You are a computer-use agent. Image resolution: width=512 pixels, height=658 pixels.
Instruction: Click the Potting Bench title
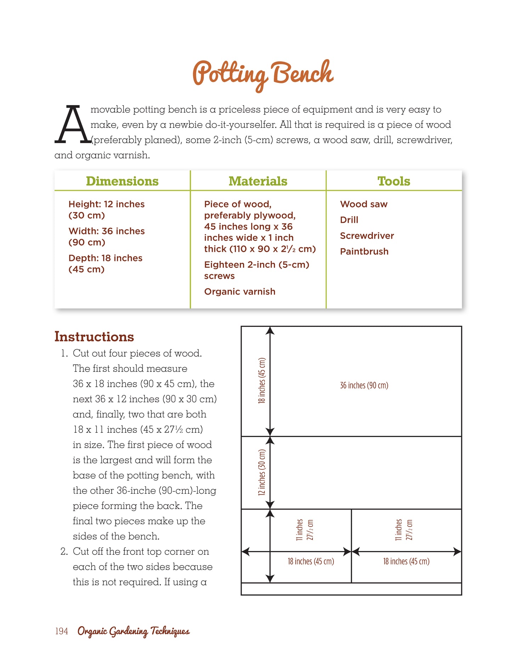[x=263, y=74]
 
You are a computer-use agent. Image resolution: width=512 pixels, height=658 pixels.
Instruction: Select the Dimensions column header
[x=122, y=181]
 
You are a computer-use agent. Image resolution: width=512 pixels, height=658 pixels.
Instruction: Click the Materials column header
[x=258, y=181]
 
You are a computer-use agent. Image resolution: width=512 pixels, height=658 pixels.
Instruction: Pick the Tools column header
[x=394, y=181]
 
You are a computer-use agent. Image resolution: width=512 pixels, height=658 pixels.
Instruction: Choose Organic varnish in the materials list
[x=240, y=291]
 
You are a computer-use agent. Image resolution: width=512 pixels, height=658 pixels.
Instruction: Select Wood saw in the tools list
[x=364, y=204]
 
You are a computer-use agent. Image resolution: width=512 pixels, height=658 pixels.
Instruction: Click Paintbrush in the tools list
[x=364, y=251]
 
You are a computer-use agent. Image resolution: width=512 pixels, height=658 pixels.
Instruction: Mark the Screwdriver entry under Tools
[x=367, y=236]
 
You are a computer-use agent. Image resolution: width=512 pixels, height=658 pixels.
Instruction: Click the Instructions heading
[x=94, y=337]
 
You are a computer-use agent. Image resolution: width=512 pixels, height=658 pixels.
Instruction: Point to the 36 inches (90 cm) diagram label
[x=364, y=385]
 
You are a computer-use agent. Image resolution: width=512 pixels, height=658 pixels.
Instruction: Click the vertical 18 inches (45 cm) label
[x=262, y=380]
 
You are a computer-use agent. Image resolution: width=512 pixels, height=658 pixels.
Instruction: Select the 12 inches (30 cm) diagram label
[x=262, y=472]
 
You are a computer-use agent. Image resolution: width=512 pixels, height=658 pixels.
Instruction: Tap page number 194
[x=61, y=631]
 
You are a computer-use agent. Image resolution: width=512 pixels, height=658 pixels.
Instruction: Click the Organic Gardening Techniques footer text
[x=134, y=631]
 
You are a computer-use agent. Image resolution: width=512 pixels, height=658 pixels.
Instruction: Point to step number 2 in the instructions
[x=64, y=552]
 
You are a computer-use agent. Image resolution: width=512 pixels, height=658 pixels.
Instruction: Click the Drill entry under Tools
[x=349, y=220]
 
